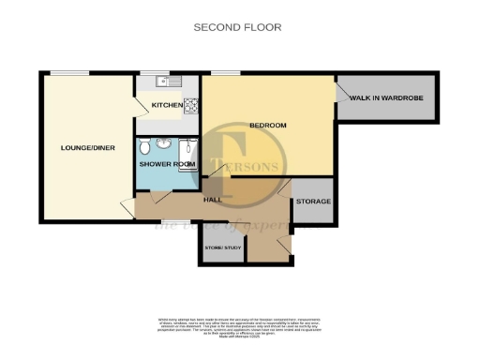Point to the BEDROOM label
point(267,125)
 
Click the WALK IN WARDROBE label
point(386,97)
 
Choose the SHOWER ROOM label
point(168,164)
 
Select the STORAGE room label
point(313,202)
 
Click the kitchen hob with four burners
point(191,105)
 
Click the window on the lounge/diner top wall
point(64,73)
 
